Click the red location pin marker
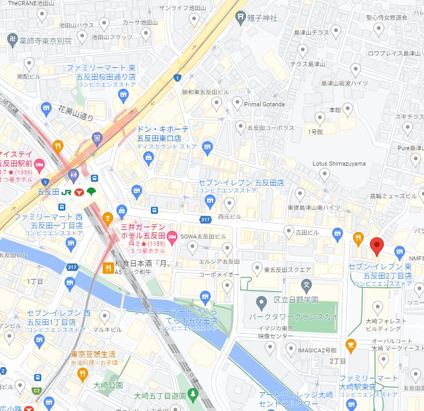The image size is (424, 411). click(x=377, y=245)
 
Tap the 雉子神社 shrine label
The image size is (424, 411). click(x=262, y=18)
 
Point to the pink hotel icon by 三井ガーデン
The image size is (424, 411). click(x=172, y=236)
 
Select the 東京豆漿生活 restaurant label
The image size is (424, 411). click(x=94, y=354)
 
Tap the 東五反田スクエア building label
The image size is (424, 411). click(x=287, y=269)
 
